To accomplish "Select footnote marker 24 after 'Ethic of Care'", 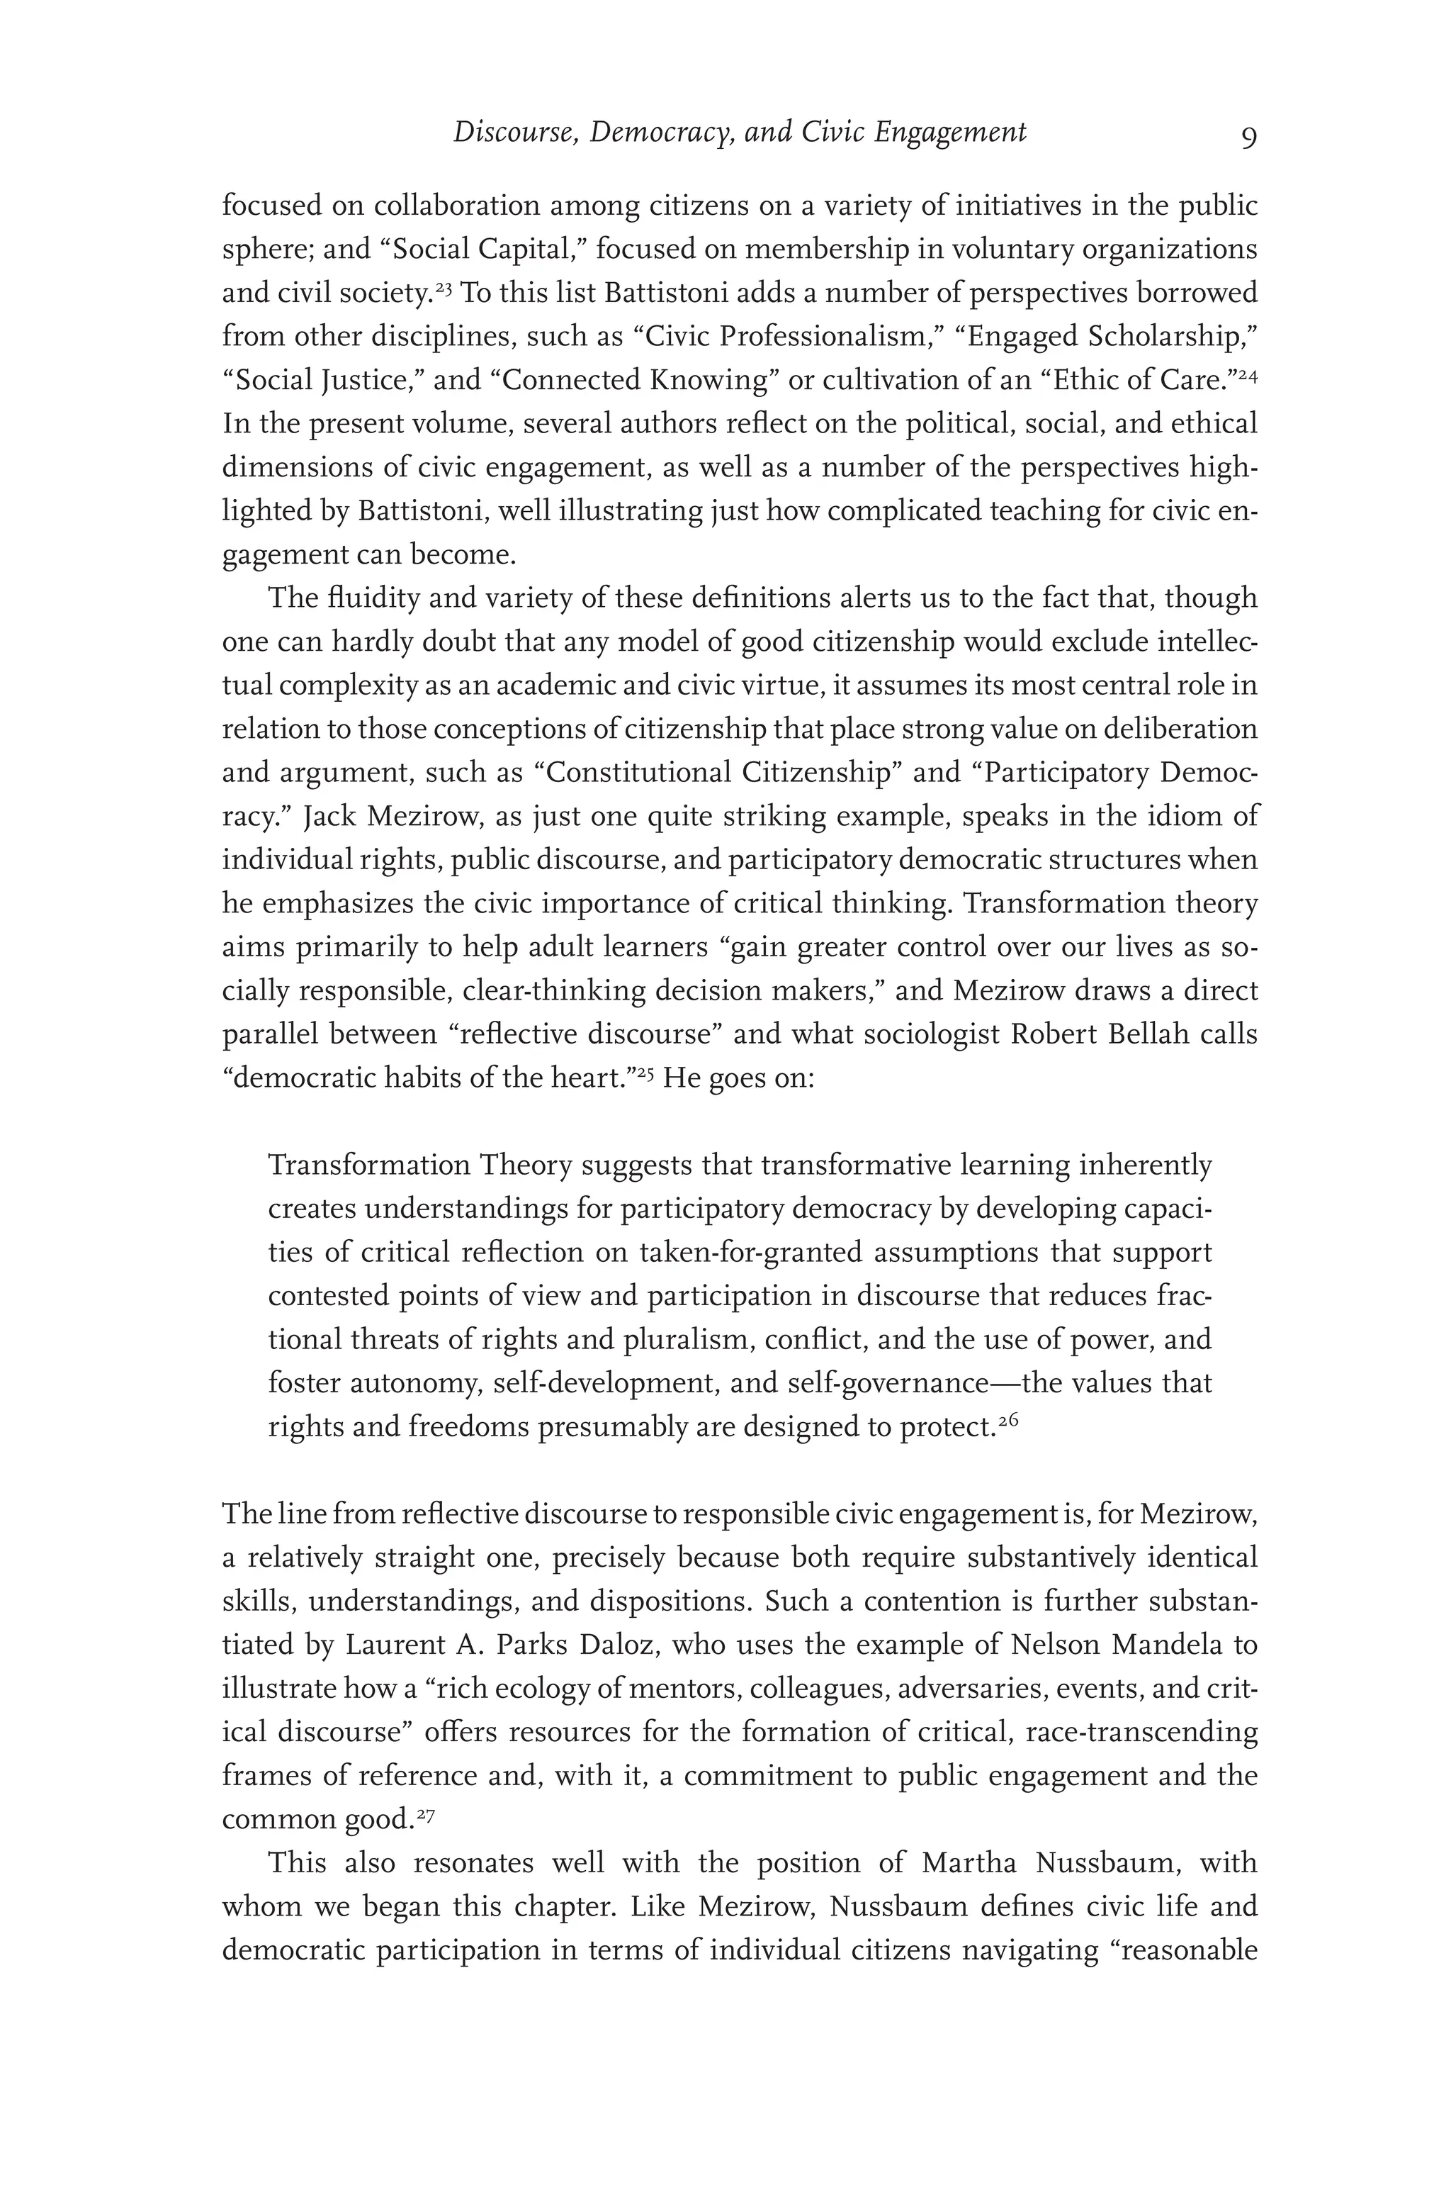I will pos(1248,376).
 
